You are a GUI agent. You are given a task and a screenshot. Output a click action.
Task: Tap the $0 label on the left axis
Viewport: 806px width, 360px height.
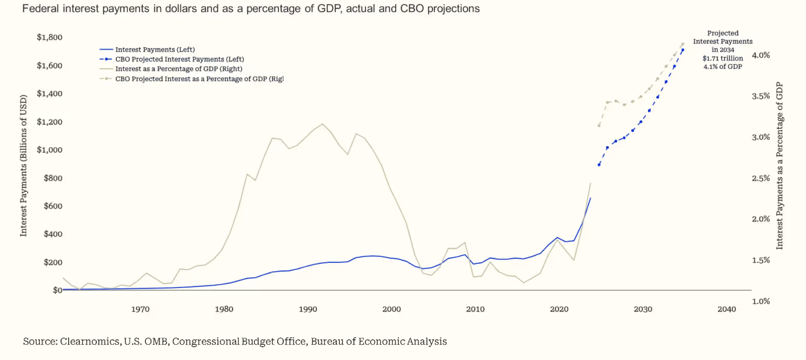pyautogui.click(x=57, y=290)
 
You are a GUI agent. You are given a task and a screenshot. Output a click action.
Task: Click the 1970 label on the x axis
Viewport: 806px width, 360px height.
pyautogui.click(x=140, y=309)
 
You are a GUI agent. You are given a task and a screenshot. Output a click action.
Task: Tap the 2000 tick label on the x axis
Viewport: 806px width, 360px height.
pyautogui.click(x=391, y=309)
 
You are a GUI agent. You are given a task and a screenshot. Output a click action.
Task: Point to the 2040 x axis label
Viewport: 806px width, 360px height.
pyautogui.click(x=727, y=309)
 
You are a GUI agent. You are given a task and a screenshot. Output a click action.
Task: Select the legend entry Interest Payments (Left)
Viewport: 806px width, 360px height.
pyautogui.click(x=155, y=50)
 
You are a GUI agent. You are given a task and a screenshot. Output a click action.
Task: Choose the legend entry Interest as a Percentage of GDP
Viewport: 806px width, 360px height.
pyautogui.click(x=178, y=69)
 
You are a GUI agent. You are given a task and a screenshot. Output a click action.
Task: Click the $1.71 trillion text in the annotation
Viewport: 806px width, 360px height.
pyautogui.click(x=723, y=58)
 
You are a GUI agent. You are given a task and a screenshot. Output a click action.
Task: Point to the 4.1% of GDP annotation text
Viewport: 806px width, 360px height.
pyautogui.click(x=723, y=66)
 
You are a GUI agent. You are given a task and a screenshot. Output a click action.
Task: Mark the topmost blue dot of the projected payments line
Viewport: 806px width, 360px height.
pyautogui.click(x=683, y=50)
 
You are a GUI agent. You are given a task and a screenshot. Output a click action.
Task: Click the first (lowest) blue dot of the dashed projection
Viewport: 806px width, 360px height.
pyautogui.click(x=599, y=165)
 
